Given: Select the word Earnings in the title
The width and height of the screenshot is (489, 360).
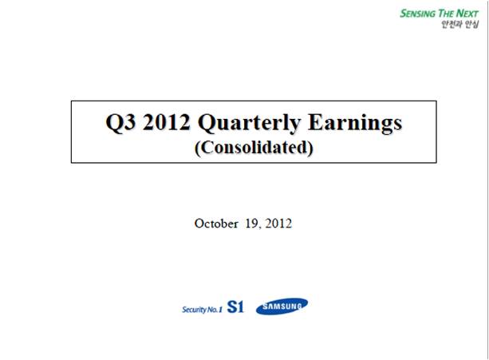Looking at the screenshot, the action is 355,123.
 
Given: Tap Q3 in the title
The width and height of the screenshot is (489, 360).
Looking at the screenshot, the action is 120,122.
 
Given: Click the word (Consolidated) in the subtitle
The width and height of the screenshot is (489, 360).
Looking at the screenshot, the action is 254,148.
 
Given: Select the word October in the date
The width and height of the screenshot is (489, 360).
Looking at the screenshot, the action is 216,224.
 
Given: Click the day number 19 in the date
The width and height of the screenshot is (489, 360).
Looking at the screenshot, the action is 251,224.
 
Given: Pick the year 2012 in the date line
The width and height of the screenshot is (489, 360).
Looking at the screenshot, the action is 278,224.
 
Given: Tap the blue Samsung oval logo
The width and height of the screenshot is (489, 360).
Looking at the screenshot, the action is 282,306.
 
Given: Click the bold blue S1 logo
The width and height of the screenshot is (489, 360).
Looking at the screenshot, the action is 235,307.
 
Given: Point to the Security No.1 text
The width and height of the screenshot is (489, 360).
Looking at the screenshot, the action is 202,310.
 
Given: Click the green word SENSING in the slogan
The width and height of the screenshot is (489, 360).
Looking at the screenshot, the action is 418,14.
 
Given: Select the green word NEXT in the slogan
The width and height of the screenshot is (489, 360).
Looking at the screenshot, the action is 467,14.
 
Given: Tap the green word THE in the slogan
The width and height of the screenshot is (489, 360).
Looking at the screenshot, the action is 446,14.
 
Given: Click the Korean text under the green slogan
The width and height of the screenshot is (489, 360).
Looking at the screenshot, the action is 460,24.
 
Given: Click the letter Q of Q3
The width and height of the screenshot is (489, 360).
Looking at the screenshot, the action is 113,123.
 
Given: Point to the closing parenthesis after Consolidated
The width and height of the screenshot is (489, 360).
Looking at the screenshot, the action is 310,148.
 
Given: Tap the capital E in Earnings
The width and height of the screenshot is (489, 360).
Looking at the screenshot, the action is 315,121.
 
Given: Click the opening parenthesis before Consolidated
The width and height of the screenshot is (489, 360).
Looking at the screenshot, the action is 197,148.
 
